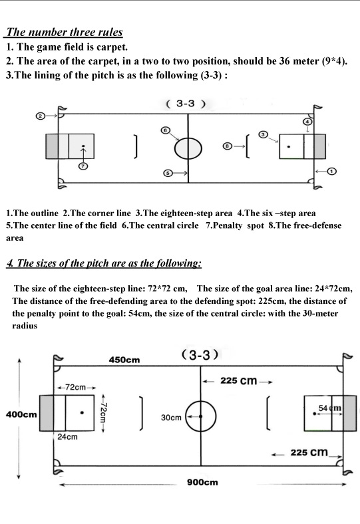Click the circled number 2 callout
[40, 116]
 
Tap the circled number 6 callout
[165, 130]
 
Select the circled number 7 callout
[83, 166]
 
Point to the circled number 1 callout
[331, 171]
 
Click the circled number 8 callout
[228, 146]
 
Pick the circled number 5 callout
[168, 173]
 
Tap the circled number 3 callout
[264, 134]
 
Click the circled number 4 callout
[307, 121]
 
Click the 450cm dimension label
[124, 360]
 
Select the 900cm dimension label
[202, 482]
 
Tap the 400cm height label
[21, 414]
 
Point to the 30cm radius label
[171, 418]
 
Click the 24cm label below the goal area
[67, 437]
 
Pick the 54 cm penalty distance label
[330, 408]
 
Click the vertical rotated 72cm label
[103, 413]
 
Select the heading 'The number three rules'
[65, 32]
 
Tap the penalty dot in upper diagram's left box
[83, 146]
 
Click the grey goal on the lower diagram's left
[47, 413]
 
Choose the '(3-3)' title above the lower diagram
[200, 354]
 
